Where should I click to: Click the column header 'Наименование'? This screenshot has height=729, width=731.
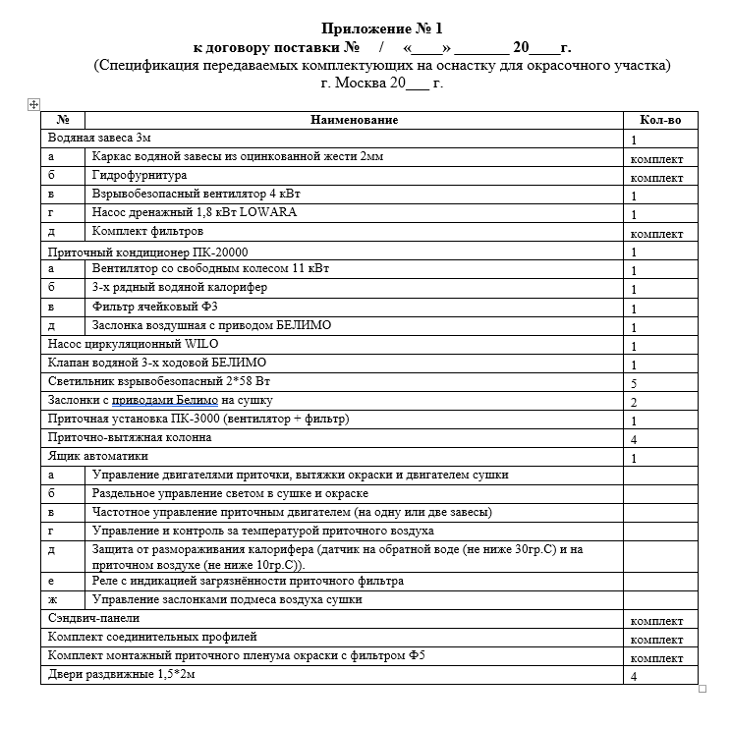tap(355, 120)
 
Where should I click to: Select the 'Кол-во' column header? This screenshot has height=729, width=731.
tap(660, 120)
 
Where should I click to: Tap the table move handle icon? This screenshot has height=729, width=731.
tap(33, 103)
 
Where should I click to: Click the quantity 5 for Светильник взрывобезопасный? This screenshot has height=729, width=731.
tap(635, 383)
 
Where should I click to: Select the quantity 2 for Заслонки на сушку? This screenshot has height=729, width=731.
tap(635, 402)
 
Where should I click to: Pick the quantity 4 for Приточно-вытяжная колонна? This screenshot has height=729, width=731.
tap(635, 439)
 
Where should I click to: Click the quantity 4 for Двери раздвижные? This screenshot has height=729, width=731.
tap(635, 676)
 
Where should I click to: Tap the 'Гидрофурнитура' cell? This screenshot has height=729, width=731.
tap(139, 175)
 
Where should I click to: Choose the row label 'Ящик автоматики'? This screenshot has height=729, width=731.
tap(98, 457)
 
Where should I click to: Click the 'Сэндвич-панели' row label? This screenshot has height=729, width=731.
tap(93, 619)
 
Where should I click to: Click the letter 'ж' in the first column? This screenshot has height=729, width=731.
tap(51, 599)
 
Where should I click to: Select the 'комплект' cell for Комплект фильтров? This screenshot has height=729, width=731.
tap(656, 235)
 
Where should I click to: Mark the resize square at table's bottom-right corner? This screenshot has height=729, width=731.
tap(702, 689)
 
